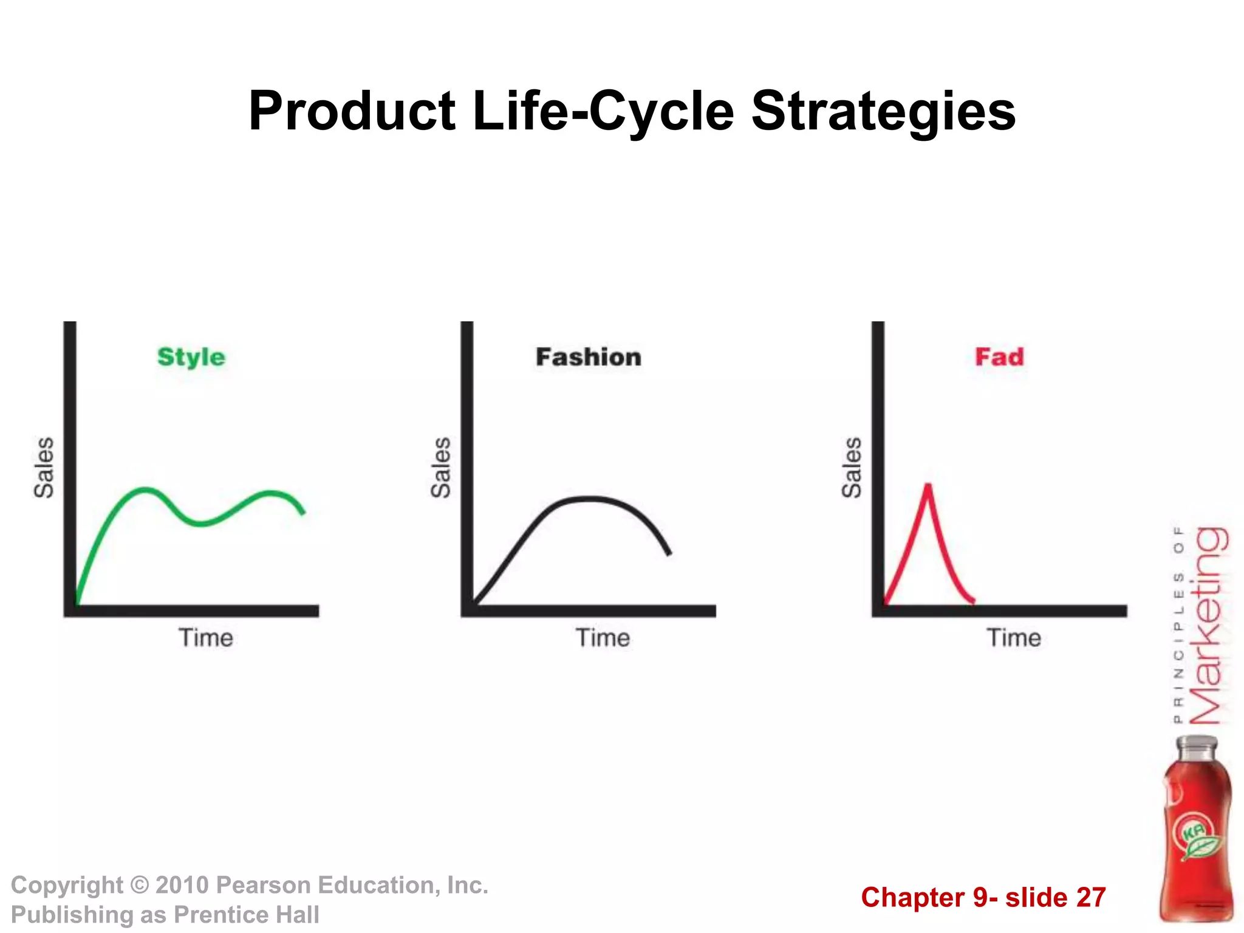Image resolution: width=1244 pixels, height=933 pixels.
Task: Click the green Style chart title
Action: (x=191, y=357)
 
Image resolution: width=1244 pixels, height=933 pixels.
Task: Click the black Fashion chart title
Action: (x=588, y=357)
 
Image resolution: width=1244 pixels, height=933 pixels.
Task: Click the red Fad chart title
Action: (x=999, y=357)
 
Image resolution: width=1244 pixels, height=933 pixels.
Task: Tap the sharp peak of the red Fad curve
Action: (x=928, y=485)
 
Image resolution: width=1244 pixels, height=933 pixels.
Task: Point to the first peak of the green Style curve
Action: (x=144, y=489)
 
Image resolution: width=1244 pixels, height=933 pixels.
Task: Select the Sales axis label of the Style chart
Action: (x=44, y=468)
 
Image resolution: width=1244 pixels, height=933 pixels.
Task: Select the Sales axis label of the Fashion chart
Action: (x=441, y=468)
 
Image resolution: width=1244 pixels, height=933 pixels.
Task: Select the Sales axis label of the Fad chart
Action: (x=852, y=468)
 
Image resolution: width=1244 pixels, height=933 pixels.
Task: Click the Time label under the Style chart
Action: (x=206, y=638)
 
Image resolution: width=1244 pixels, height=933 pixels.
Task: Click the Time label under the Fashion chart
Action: (x=603, y=638)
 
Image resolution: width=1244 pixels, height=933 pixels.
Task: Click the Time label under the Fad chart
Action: (x=1013, y=638)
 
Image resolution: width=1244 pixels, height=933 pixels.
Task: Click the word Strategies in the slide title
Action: (x=883, y=111)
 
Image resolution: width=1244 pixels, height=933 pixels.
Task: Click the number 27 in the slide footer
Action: (x=1090, y=898)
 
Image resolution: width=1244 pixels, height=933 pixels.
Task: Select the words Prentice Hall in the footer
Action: (x=246, y=915)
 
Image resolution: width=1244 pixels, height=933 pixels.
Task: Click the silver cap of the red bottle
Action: (x=1196, y=747)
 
